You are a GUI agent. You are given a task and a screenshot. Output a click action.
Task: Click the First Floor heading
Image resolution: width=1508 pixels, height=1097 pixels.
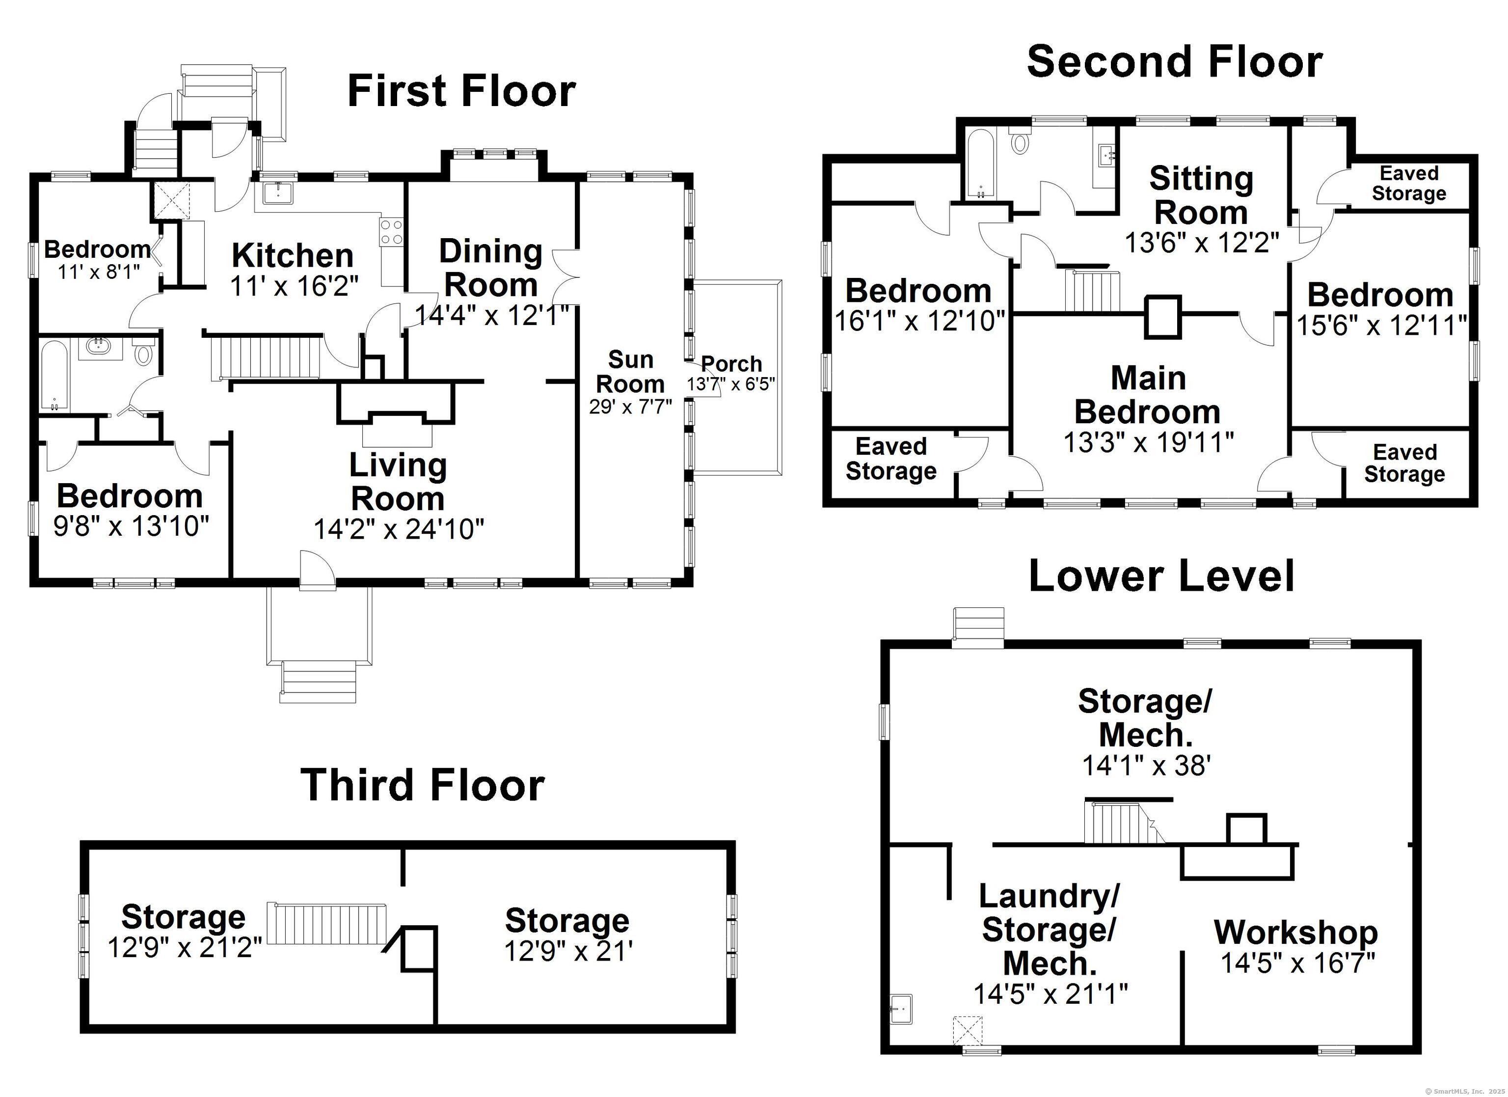[x=461, y=91]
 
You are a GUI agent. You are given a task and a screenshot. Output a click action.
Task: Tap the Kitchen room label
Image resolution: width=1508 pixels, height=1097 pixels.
[x=292, y=255]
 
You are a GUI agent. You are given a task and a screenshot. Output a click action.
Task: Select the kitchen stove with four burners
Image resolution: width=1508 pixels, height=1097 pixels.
[x=391, y=232]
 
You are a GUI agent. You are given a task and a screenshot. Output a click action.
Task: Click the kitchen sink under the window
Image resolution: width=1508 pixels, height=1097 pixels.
[x=274, y=192]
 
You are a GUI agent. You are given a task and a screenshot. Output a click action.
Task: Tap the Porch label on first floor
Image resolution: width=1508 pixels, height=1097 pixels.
[x=731, y=364]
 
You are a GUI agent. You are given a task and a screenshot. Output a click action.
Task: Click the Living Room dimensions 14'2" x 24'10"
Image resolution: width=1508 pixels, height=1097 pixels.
[x=398, y=529]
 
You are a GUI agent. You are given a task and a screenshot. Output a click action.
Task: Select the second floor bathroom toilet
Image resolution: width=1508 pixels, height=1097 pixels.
[x=1019, y=142]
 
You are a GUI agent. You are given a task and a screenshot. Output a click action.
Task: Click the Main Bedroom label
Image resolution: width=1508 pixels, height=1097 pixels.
[x=1148, y=395]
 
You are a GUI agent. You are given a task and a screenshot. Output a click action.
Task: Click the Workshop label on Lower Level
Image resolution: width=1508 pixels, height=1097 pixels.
[x=1296, y=932]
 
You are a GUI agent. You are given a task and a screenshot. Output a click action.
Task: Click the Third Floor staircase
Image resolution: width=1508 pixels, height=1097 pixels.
[x=326, y=923]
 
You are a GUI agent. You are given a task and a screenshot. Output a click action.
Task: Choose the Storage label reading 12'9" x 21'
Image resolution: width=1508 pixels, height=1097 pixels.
[x=567, y=921]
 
